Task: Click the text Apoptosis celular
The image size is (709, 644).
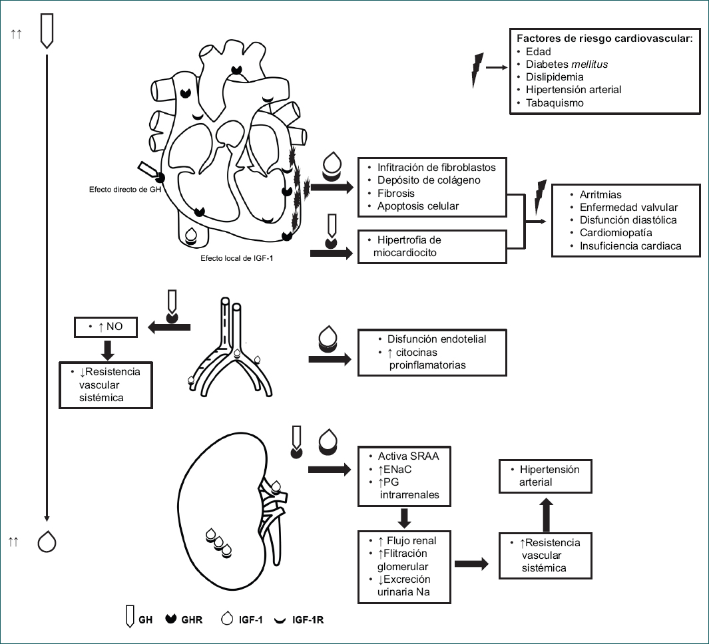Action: [418, 206]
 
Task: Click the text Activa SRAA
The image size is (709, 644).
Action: [409, 456]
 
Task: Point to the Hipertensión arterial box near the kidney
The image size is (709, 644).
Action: [545, 476]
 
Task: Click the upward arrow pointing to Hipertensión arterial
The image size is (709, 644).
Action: [545, 512]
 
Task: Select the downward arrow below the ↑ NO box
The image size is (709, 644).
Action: [107, 349]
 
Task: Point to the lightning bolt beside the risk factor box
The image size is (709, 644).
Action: [476, 68]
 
